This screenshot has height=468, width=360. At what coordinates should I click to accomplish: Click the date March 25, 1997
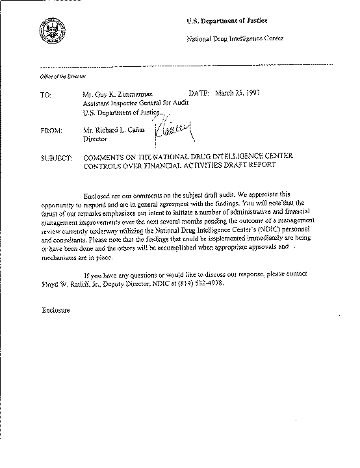(x=240, y=94)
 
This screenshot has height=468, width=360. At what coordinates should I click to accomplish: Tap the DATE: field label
(x=199, y=94)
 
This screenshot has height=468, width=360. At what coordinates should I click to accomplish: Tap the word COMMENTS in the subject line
(x=108, y=158)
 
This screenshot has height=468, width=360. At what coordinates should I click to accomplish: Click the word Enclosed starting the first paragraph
(x=99, y=196)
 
